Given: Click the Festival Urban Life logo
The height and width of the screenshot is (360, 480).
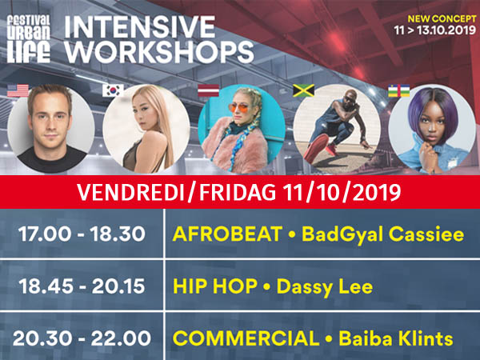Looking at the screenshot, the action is pyautogui.click(x=29, y=39).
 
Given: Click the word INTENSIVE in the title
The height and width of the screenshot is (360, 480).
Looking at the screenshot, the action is pyautogui.click(x=139, y=27).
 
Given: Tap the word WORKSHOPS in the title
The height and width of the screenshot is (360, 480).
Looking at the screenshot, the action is pyautogui.click(x=159, y=52).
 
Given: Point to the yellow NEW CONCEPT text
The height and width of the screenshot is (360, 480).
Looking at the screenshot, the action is pyautogui.click(x=442, y=19).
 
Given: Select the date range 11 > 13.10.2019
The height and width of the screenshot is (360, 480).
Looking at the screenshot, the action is pyautogui.click(x=435, y=30).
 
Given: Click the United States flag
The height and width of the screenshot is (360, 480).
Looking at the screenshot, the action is pyautogui.click(x=18, y=91).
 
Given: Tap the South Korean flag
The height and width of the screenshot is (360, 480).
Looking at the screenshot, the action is pyautogui.click(x=114, y=91).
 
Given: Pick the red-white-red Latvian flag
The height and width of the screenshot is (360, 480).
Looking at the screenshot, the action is pyautogui.click(x=209, y=91).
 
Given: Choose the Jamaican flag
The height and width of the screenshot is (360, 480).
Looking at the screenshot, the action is pyautogui.click(x=304, y=91).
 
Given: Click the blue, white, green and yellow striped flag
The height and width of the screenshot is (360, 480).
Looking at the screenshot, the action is pyautogui.click(x=399, y=91).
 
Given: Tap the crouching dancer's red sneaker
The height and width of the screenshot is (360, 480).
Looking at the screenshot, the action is pyautogui.click(x=316, y=147).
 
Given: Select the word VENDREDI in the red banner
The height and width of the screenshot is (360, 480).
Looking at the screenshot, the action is pyautogui.click(x=130, y=193).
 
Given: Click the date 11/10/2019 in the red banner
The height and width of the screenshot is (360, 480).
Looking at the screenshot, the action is pyautogui.click(x=342, y=193).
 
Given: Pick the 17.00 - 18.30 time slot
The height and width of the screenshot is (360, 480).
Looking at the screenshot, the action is pyautogui.click(x=82, y=234).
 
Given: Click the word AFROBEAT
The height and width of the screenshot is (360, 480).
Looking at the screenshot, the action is pyautogui.click(x=227, y=234).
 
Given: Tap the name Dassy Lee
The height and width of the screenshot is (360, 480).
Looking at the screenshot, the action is pyautogui.click(x=325, y=287).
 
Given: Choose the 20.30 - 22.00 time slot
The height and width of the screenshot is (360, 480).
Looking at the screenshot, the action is pyautogui.click(x=82, y=338).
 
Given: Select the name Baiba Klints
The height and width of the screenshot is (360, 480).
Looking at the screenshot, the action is pyautogui.click(x=396, y=338).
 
